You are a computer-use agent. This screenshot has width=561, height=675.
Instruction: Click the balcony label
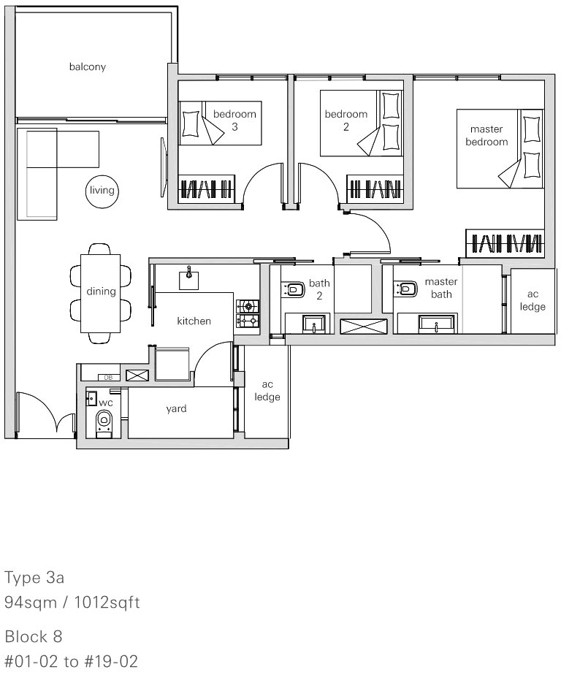click(88, 66)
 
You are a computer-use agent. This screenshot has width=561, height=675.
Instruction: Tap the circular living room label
click(102, 190)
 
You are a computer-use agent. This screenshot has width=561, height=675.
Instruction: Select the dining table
click(100, 293)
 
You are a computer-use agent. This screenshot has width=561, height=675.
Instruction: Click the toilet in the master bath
click(406, 289)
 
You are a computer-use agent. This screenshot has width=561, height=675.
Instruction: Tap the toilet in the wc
click(104, 421)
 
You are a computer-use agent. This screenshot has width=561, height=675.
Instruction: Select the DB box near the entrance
click(109, 377)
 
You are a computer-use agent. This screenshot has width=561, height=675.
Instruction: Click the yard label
click(177, 408)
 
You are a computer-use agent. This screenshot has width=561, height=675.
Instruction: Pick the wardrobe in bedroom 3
click(207, 188)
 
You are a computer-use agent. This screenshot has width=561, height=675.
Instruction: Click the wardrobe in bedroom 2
click(375, 188)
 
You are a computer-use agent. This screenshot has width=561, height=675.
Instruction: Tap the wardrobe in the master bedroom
click(505, 243)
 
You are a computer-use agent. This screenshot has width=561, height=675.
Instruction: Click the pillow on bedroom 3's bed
click(191, 124)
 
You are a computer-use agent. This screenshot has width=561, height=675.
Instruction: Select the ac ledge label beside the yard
click(267, 390)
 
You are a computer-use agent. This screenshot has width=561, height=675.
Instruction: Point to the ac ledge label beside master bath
click(533, 300)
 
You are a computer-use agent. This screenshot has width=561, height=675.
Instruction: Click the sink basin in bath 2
click(314, 323)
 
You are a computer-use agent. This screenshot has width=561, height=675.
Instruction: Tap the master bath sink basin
click(436, 323)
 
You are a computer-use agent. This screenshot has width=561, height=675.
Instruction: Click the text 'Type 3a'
click(34, 577)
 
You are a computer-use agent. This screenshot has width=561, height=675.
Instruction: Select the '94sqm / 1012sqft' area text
click(72, 602)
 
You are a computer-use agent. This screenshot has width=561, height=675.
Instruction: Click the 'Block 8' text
click(34, 636)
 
